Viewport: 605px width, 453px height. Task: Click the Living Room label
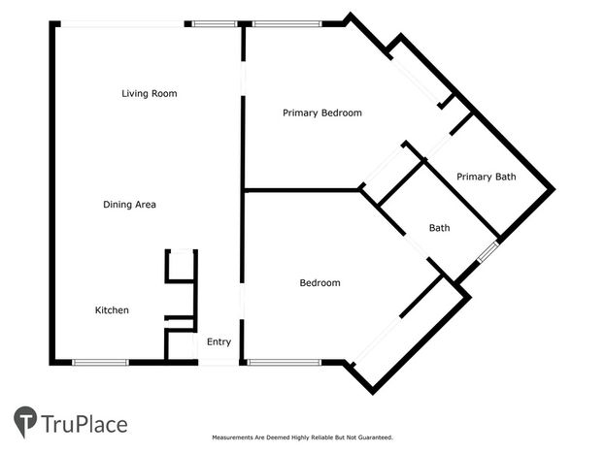[150, 94]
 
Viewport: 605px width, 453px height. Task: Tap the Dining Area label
[130, 205]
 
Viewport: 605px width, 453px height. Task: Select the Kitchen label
[112, 310]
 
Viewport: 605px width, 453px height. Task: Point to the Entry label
[218, 342]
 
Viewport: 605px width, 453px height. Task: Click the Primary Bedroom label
[322, 113]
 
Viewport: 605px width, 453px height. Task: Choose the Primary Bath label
[487, 177]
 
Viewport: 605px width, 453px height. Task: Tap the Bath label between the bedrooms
[440, 228]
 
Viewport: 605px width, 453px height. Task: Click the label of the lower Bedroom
[319, 283]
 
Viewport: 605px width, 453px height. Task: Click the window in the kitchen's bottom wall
[100, 363]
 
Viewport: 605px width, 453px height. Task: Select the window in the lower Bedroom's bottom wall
[284, 363]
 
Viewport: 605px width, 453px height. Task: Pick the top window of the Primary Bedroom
[287, 24]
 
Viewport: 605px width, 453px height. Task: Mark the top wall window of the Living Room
[215, 24]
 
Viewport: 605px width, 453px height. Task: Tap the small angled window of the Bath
[488, 252]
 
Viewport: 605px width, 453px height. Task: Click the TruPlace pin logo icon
[25, 421]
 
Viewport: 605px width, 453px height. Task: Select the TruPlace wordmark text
[84, 424]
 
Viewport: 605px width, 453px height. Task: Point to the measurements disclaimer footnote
[303, 437]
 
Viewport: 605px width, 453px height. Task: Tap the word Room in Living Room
[164, 94]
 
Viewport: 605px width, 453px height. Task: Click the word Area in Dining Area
[146, 205]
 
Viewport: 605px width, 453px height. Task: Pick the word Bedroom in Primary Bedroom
[342, 113]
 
